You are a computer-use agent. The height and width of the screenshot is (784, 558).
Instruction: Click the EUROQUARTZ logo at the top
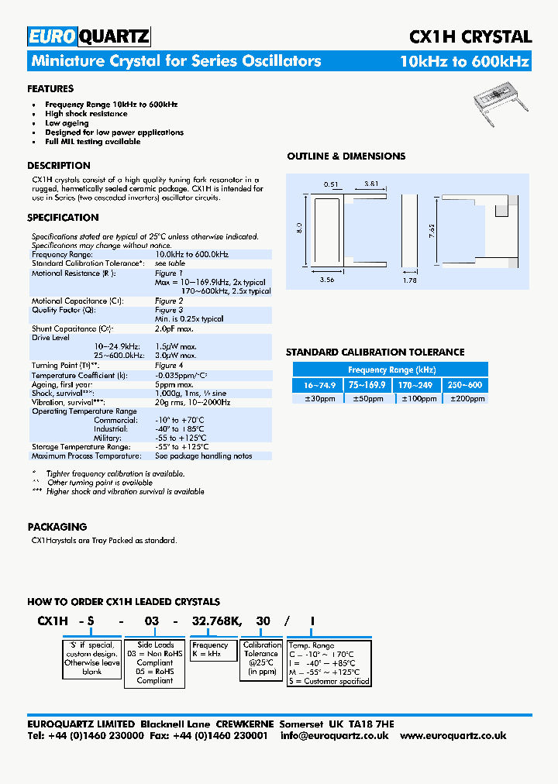coord(88,36)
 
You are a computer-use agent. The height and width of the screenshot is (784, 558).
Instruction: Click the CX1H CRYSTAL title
coord(470,36)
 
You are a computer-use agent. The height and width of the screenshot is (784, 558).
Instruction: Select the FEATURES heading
coord(50,89)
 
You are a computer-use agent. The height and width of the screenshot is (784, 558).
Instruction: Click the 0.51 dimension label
coord(331,184)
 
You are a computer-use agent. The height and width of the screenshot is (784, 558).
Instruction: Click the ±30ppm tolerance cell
coord(315,398)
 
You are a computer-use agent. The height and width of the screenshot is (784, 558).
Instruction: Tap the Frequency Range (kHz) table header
coord(391,370)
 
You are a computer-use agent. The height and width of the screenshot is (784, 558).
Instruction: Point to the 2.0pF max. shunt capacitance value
coord(174,328)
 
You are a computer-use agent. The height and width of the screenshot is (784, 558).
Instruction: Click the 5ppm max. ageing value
coord(174,384)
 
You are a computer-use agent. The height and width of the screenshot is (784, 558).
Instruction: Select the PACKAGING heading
coord(57,527)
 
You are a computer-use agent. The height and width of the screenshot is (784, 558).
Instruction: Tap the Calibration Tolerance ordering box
coord(262,658)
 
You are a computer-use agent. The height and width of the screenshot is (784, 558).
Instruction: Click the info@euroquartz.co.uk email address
coord(334,735)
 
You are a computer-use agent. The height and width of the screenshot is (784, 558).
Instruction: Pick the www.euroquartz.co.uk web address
coord(453,735)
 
